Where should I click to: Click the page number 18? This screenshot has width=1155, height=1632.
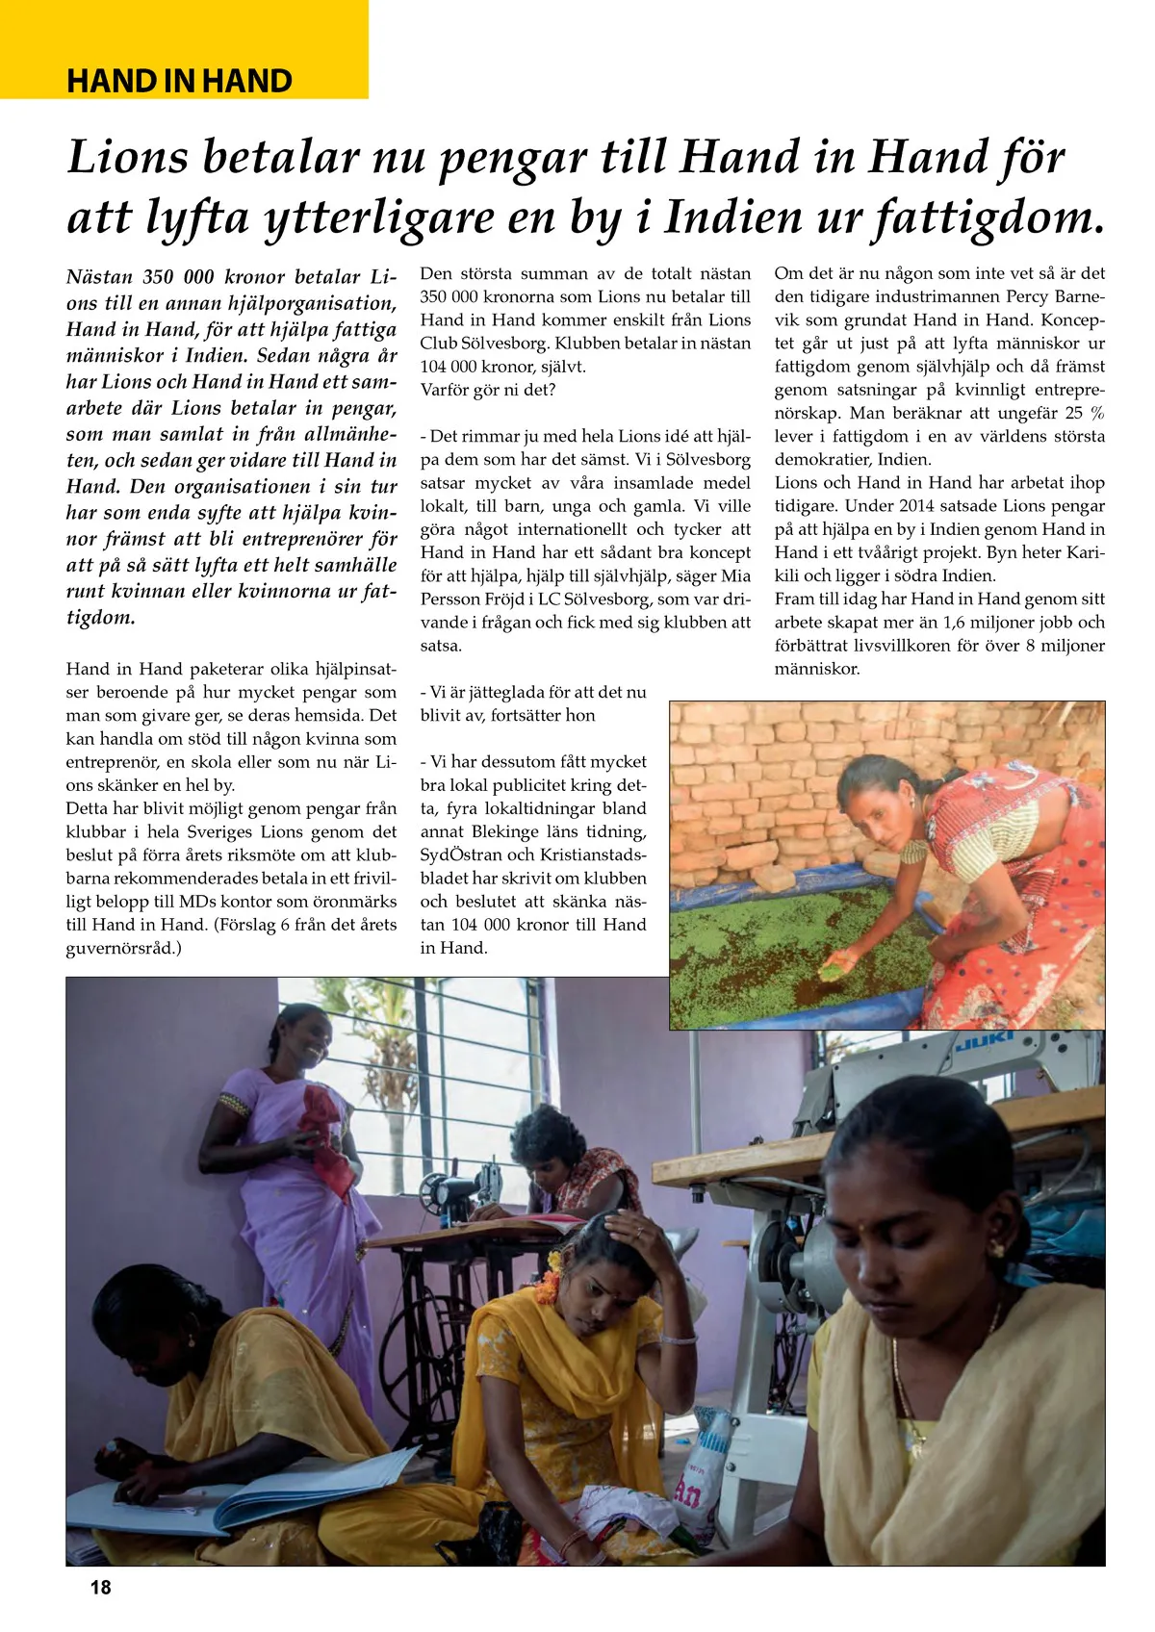(x=100, y=1587)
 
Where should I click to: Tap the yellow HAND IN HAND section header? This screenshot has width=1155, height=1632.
(x=179, y=81)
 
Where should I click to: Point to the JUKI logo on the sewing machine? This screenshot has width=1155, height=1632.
(x=983, y=1043)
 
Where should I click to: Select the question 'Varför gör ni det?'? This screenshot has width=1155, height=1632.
(x=488, y=390)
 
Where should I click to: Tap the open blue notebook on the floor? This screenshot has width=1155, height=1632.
(x=241, y=1483)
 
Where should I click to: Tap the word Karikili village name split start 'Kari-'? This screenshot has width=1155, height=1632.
(x=1085, y=552)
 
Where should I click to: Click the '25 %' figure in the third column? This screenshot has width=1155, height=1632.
(x=1084, y=413)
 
